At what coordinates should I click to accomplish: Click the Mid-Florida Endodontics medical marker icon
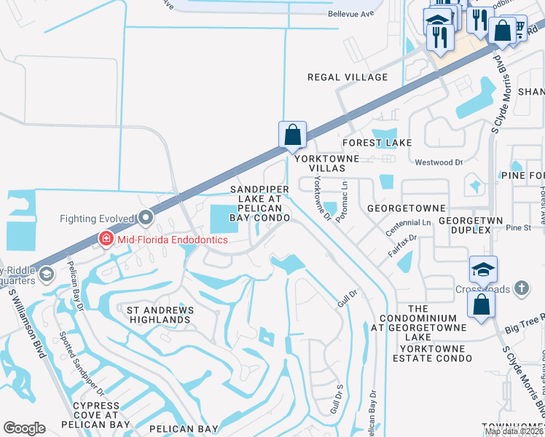coord(106,239)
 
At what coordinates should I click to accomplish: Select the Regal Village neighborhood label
coord(348,77)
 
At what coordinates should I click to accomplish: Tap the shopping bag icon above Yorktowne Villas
coord(292,135)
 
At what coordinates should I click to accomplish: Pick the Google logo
coord(24,428)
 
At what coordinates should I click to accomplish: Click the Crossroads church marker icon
coord(521,288)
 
